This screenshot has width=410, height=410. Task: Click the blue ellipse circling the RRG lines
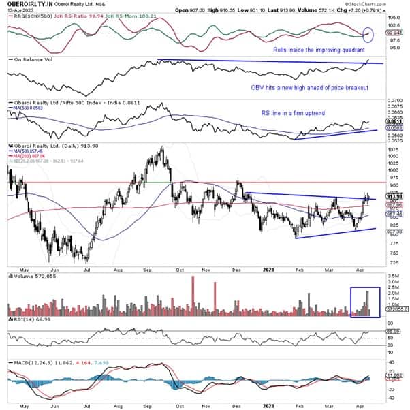[368, 33]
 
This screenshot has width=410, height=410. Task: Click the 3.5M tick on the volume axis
[392, 280]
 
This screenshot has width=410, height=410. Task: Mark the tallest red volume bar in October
[193, 297]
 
